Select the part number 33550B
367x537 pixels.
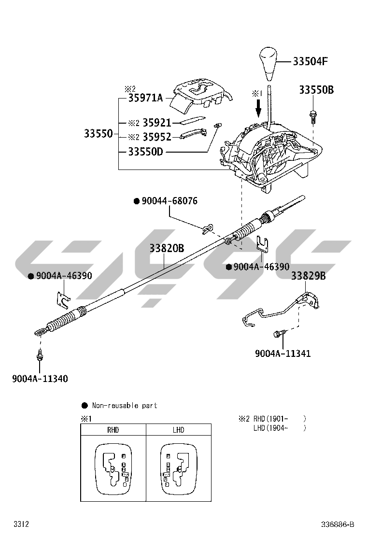click(x=316, y=90)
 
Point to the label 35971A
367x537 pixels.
click(x=145, y=98)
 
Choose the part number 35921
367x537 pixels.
click(x=157, y=123)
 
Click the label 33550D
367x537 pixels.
click(x=145, y=152)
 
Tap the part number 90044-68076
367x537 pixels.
click(x=169, y=201)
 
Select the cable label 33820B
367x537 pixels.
click(x=167, y=248)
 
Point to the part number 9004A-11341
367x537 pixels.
click(x=283, y=353)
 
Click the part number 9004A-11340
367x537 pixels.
click(x=40, y=379)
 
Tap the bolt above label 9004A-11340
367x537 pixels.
click(x=39, y=356)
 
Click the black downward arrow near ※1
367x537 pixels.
click(x=258, y=107)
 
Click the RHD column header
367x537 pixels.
click(x=113, y=430)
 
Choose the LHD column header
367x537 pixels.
click(x=178, y=430)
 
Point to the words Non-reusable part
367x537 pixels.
click(x=125, y=406)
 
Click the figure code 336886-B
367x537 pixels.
click(x=338, y=524)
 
